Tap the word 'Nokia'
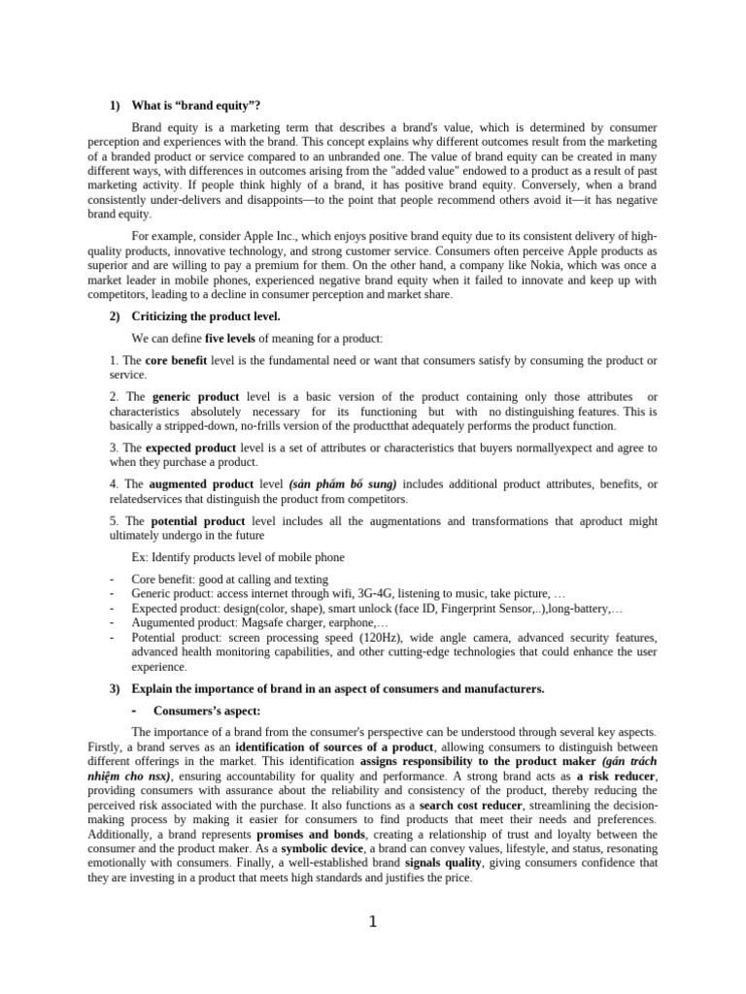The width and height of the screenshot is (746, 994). (x=514, y=266)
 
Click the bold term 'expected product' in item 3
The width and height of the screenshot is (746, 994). (x=190, y=447)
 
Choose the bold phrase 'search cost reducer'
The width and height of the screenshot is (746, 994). (x=468, y=806)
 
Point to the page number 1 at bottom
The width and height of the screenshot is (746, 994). (x=372, y=922)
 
